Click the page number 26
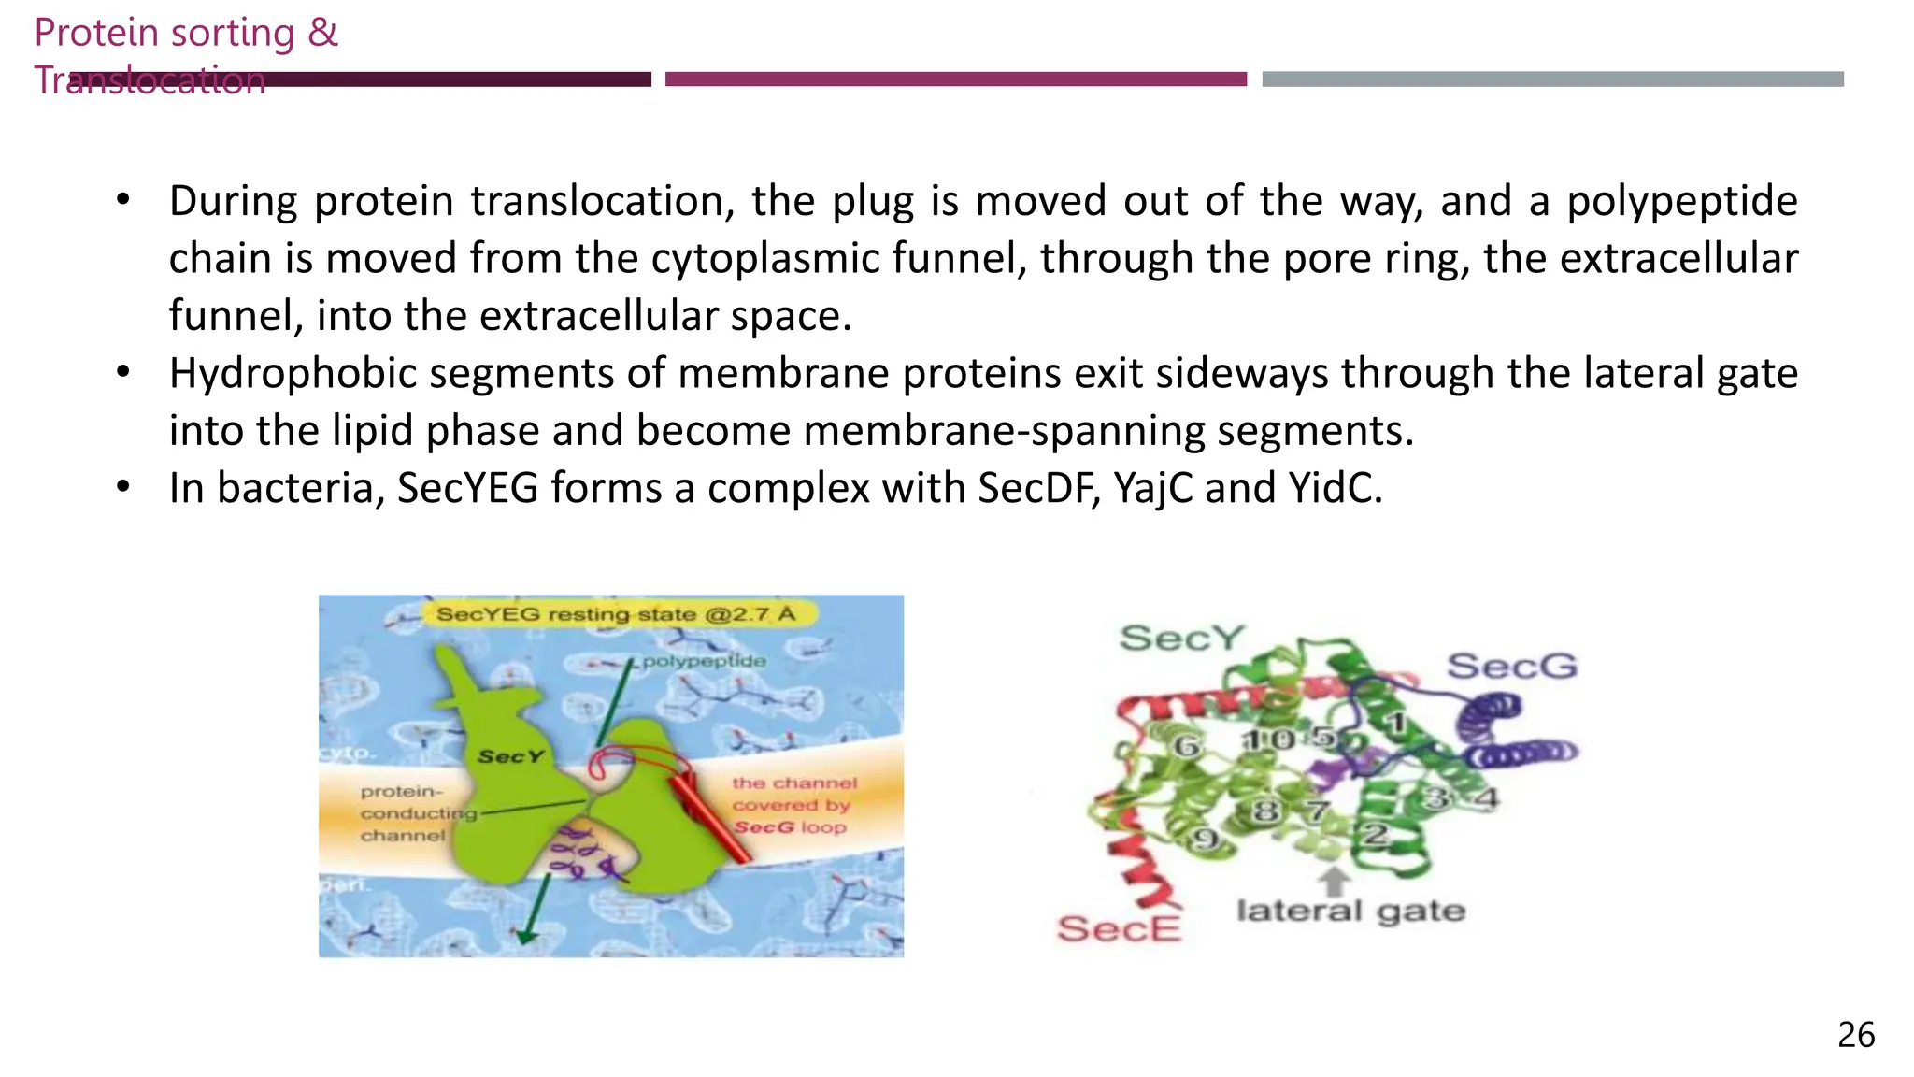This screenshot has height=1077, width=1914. [1855, 1035]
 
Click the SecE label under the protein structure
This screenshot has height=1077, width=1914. [1119, 928]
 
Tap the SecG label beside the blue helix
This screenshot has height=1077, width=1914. [1511, 666]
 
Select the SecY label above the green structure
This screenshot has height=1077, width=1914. [1181, 638]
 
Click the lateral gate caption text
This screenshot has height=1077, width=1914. [1350, 910]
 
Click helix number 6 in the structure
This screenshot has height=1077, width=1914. [1186, 745]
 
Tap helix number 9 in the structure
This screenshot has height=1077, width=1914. [1206, 839]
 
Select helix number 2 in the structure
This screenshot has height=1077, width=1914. [1375, 833]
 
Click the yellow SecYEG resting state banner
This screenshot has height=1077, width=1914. [616, 614]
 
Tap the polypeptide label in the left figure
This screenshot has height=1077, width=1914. [704, 661]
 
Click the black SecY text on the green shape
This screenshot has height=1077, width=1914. [510, 756]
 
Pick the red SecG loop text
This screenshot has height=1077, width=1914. [790, 827]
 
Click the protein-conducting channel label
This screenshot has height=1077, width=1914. [404, 813]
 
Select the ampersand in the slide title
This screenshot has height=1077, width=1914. [322, 33]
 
